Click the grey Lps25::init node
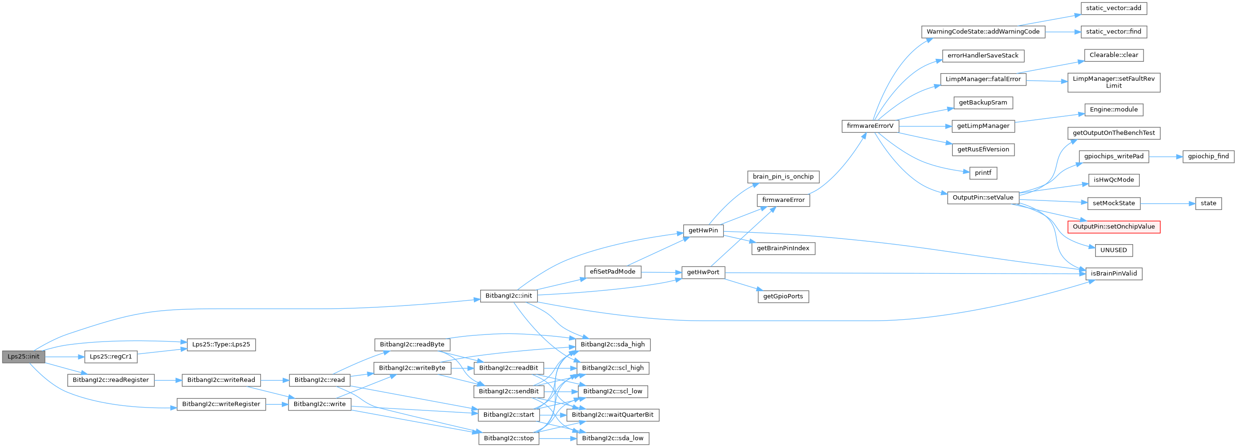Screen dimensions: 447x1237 point(23,357)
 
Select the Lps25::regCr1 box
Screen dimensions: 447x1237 point(111,357)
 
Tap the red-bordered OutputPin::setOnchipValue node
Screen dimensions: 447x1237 point(1114,227)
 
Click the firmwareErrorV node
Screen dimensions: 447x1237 point(870,126)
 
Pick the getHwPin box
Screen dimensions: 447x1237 point(703,231)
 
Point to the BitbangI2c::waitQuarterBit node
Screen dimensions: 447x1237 point(612,415)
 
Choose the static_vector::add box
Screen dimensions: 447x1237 point(1114,8)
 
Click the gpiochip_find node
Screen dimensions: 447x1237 point(1208,156)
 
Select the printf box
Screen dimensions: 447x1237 point(983,173)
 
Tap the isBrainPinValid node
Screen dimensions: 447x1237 point(1114,274)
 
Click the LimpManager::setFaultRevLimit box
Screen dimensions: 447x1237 point(1114,82)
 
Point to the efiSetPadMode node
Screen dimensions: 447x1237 point(612,272)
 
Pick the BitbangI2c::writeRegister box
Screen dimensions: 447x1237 point(221,404)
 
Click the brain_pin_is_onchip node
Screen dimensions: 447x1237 point(783,177)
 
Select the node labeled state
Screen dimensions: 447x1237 point(1208,203)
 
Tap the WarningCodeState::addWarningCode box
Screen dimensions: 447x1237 point(983,32)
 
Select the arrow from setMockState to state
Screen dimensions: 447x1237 point(1167,203)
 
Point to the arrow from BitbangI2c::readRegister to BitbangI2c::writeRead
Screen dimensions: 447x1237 point(168,380)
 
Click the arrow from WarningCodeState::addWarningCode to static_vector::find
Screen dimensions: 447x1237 point(1063,32)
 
